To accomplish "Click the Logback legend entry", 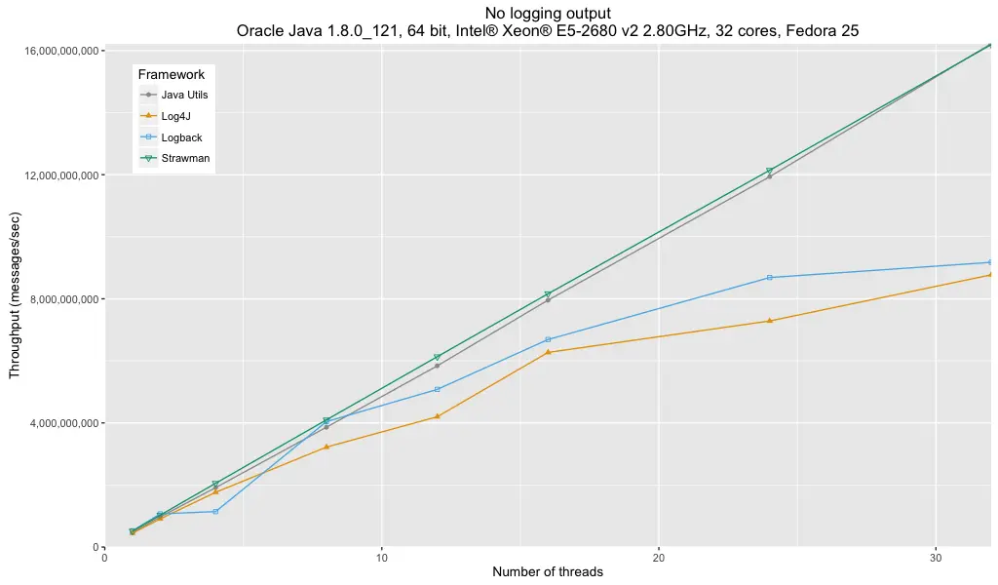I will pos(181,137).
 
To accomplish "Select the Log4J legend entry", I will pos(175,116).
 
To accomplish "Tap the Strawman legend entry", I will pos(185,158).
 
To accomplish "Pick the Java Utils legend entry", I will pos(184,95).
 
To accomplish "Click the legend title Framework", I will pos(171,74).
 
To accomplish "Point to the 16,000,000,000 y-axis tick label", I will pos(57,51).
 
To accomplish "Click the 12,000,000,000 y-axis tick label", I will pos(57,175).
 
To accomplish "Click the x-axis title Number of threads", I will pos(548,572).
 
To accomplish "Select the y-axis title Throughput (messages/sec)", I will pos(15,298).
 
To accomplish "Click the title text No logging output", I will pos(547,13).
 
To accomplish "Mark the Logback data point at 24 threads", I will pos(770,278).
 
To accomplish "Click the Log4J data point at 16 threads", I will pos(548,352).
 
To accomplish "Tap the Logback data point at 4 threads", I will pos(215,511).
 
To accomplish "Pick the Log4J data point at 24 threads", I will pos(770,321).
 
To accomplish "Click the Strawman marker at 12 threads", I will pos(438,357).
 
